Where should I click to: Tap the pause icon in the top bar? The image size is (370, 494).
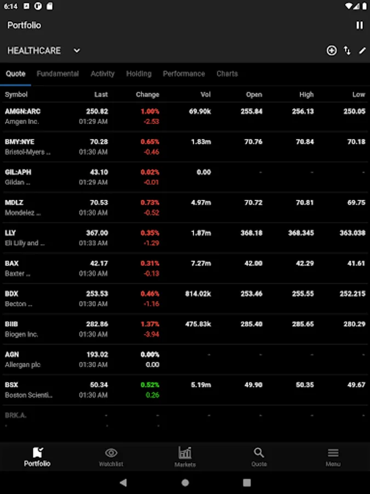click(x=360, y=25)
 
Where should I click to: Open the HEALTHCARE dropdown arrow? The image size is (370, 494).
click(x=77, y=50)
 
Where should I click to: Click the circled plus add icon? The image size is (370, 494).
click(x=332, y=50)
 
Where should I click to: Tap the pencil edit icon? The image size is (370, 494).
click(x=362, y=50)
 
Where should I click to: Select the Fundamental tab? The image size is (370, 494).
click(x=58, y=74)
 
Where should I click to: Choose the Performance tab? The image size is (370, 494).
click(x=184, y=74)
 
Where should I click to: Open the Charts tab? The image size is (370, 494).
click(x=227, y=74)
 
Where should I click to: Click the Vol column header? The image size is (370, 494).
click(x=206, y=94)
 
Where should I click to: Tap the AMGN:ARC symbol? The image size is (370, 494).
click(x=22, y=111)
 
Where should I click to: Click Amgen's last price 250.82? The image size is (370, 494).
click(x=97, y=111)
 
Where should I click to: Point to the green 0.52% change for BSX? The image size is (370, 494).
click(x=150, y=385)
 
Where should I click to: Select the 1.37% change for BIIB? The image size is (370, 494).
click(x=150, y=324)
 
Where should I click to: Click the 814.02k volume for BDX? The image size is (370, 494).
click(x=198, y=294)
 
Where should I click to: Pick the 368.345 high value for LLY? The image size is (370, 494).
click(x=301, y=233)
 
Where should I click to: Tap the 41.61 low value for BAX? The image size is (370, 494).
click(x=356, y=263)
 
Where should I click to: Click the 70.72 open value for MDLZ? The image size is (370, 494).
click(x=253, y=203)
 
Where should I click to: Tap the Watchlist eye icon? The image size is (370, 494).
click(x=111, y=453)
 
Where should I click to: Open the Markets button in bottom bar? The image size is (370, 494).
click(x=185, y=456)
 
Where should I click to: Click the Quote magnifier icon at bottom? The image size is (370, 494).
click(x=259, y=453)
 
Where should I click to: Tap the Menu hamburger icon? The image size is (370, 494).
click(x=333, y=453)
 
